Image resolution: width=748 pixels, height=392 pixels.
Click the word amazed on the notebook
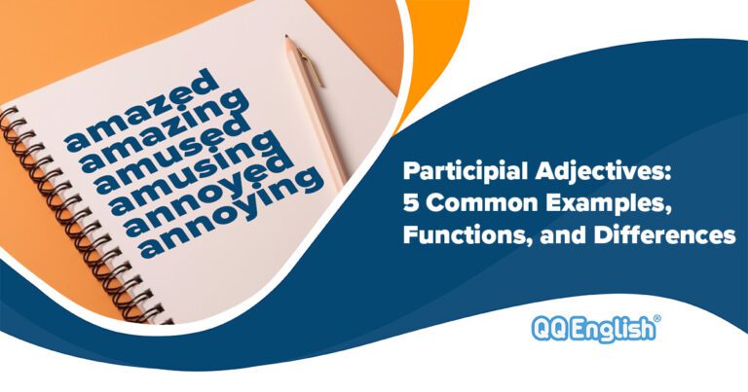coord(143,110)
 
